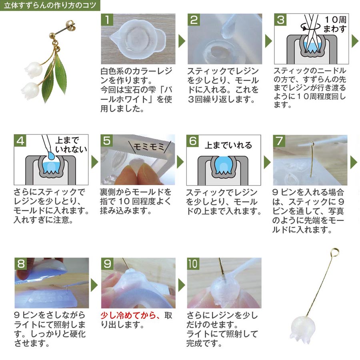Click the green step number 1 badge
pyautogui.click(x=107, y=20)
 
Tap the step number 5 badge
pyautogui.click(x=106, y=140)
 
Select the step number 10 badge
pyautogui.click(x=193, y=264)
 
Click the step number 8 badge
pyautogui.click(x=21, y=264)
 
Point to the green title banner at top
pyautogui.click(x=50, y=5)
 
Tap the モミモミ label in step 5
pyautogui.click(x=149, y=147)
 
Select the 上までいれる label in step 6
pyautogui.click(x=228, y=145)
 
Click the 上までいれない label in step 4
pyautogui.click(x=71, y=145)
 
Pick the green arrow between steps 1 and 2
pyautogui.click(x=182, y=41)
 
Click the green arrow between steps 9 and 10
pyautogui.click(x=182, y=285)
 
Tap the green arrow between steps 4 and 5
pyautogui.click(x=95, y=162)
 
